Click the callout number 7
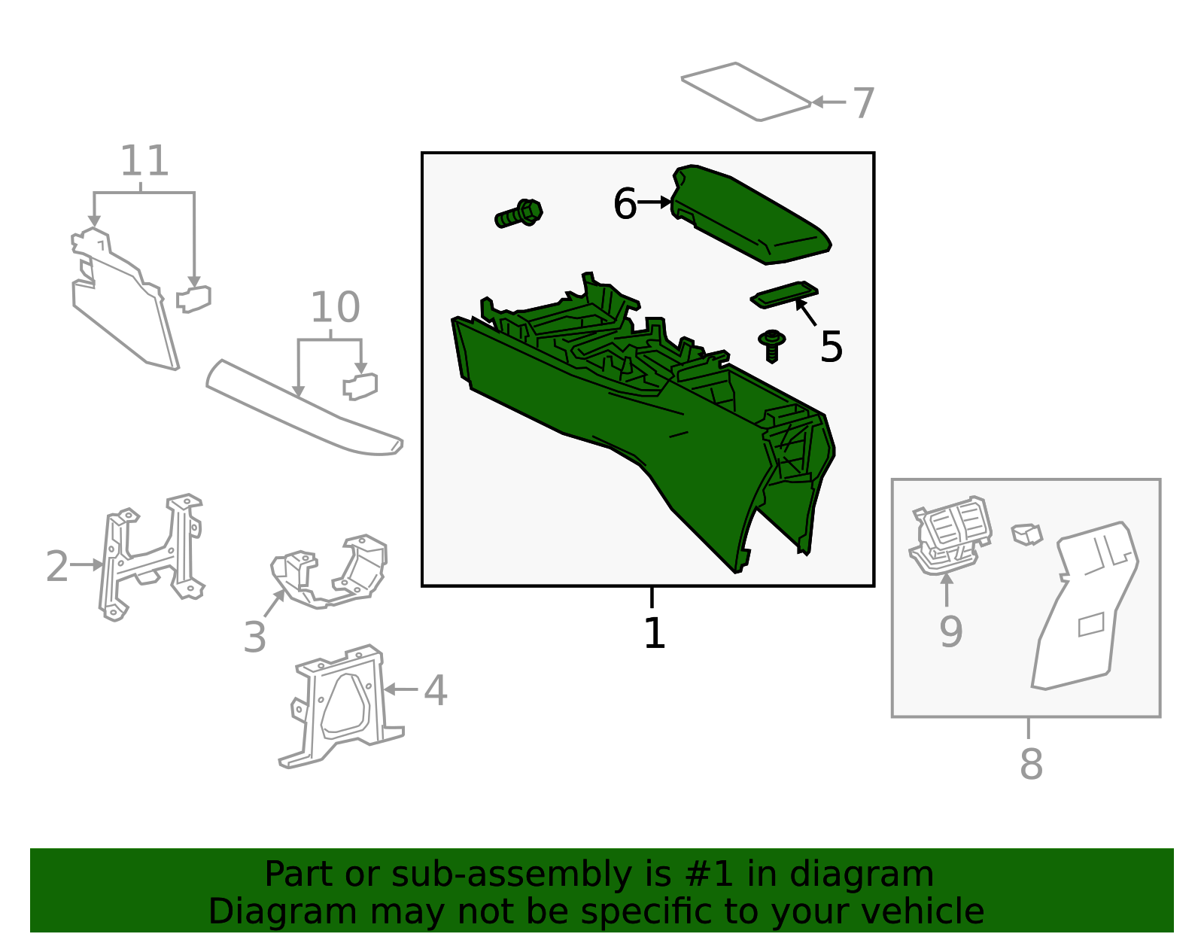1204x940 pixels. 863,103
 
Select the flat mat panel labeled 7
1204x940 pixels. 745,91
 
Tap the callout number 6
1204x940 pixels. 625,204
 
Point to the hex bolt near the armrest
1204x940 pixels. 520,214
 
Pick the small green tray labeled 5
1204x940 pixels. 783,295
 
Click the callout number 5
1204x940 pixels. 831,347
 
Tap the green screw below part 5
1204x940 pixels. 771,345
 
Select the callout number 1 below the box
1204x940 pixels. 654,633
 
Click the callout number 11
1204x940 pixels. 144,161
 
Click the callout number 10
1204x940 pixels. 335,307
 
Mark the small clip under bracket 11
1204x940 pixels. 194,299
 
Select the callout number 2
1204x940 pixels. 57,566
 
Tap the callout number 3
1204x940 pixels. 255,637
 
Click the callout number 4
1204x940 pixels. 435,689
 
